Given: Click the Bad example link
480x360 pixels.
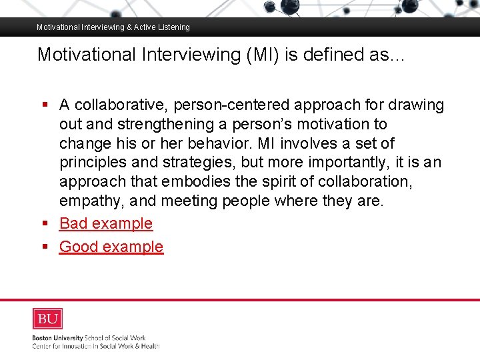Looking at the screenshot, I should click(106, 223).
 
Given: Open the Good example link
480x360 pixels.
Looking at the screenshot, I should click(111, 247).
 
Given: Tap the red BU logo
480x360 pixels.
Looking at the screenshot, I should click(47, 319).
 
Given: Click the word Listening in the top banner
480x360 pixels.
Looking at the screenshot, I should click(173, 27).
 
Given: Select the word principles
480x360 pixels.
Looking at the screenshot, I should click(93, 163).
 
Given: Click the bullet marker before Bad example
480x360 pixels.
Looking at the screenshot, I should click(45, 223).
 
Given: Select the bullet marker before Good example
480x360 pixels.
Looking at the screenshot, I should click(45, 247).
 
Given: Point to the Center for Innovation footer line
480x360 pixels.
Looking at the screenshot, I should click(96, 346).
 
